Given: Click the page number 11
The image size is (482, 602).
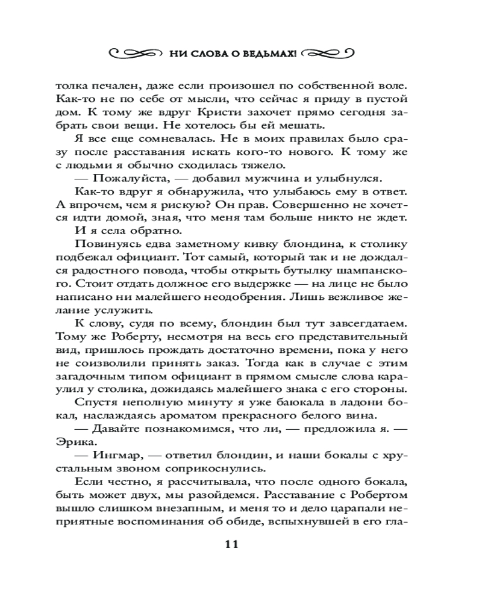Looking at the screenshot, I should (x=232, y=545).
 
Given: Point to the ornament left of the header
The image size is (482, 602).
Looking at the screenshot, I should (x=136, y=54).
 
